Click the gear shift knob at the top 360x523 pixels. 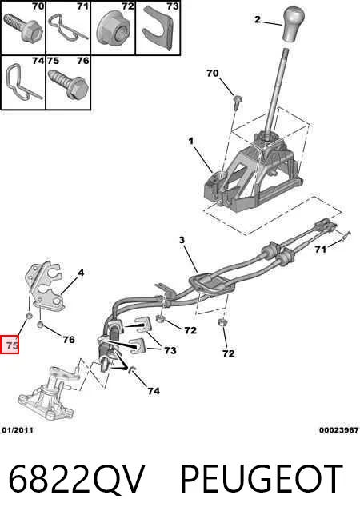[x=294, y=24]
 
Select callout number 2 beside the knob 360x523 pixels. [x=257, y=19]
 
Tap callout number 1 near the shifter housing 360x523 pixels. [x=191, y=142]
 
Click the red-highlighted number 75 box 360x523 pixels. [x=10, y=345]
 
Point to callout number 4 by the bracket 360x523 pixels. [x=81, y=273]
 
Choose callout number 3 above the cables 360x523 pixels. [x=182, y=240]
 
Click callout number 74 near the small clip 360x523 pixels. [x=154, y=390]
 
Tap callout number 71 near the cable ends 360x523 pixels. [x=320, y=249]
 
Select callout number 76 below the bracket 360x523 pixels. [x=69, y=340]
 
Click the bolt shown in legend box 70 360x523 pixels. [x=23, y=27]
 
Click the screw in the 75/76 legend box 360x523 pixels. [x=68, y=82]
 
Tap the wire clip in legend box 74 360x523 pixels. [x=21, y=82]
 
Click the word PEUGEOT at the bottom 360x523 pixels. [x=262, y=479]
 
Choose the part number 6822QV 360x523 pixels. [x=77, y=479]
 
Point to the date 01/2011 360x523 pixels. [x=18, y=430]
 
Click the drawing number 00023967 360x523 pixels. [x=338, y=430]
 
